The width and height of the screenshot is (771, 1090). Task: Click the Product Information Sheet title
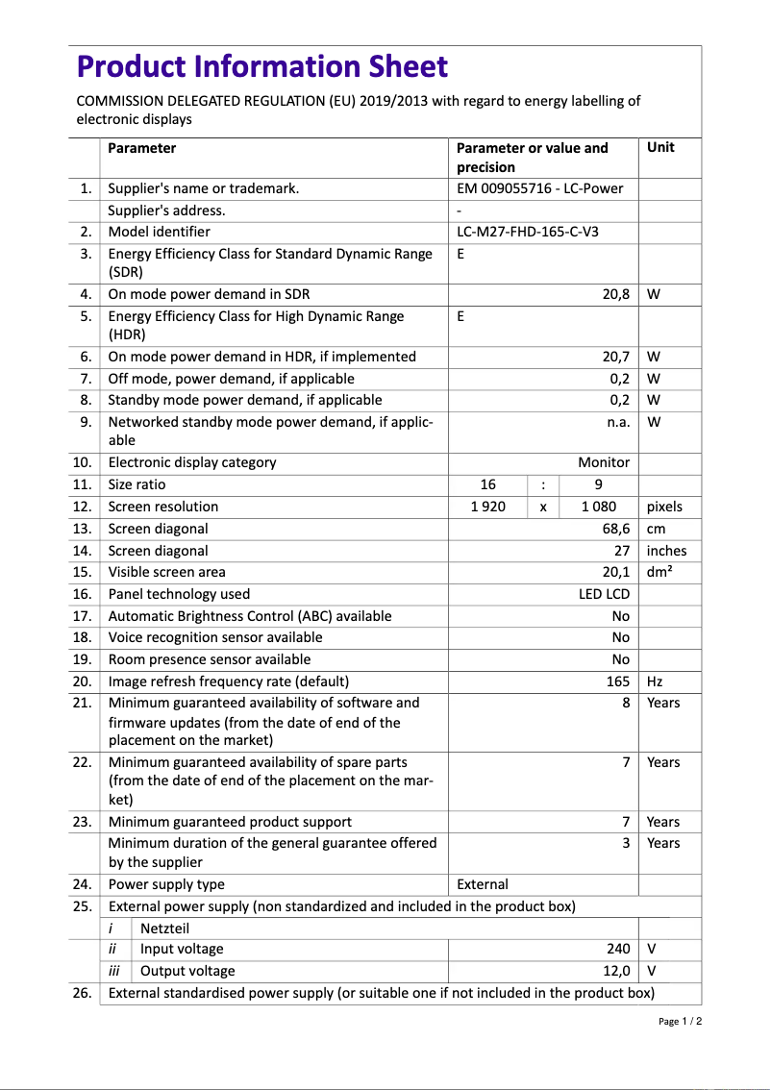[x=261, y=66]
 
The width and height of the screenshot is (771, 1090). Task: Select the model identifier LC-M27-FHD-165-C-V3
[x=534, y=232]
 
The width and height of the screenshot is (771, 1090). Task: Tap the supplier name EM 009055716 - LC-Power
[x=539, y=188]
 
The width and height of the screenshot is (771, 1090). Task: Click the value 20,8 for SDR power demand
[x=615, y=294]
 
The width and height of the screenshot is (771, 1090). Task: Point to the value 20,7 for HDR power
[x=615, y=357]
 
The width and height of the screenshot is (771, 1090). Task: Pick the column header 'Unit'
[x=660, y=148]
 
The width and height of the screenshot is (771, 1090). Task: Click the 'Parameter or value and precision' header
[x=532, y=158]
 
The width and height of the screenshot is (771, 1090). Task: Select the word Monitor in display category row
[x=604, y=462]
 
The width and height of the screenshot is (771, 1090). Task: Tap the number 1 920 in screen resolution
[x=487, y=507]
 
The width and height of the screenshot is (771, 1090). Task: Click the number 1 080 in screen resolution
[x=598, y=507]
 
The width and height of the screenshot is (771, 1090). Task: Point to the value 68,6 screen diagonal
[x=615, y=529]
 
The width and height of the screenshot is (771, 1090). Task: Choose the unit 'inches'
[x=666, y=551]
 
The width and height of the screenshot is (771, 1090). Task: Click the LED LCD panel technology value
[x=604, y=594]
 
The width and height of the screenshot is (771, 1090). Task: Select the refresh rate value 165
[x=618, y=681]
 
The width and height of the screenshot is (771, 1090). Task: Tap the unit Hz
[x=655, y=681]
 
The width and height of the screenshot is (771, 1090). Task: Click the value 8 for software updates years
[x=626, y=703]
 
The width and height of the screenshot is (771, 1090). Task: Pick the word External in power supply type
[x=483, y=884]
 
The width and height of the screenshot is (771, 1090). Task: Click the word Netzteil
[x=165, y=928]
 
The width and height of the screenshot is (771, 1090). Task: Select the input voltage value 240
[x=618, y=949]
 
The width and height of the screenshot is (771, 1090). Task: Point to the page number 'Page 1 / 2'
[x=680, y=1021]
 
